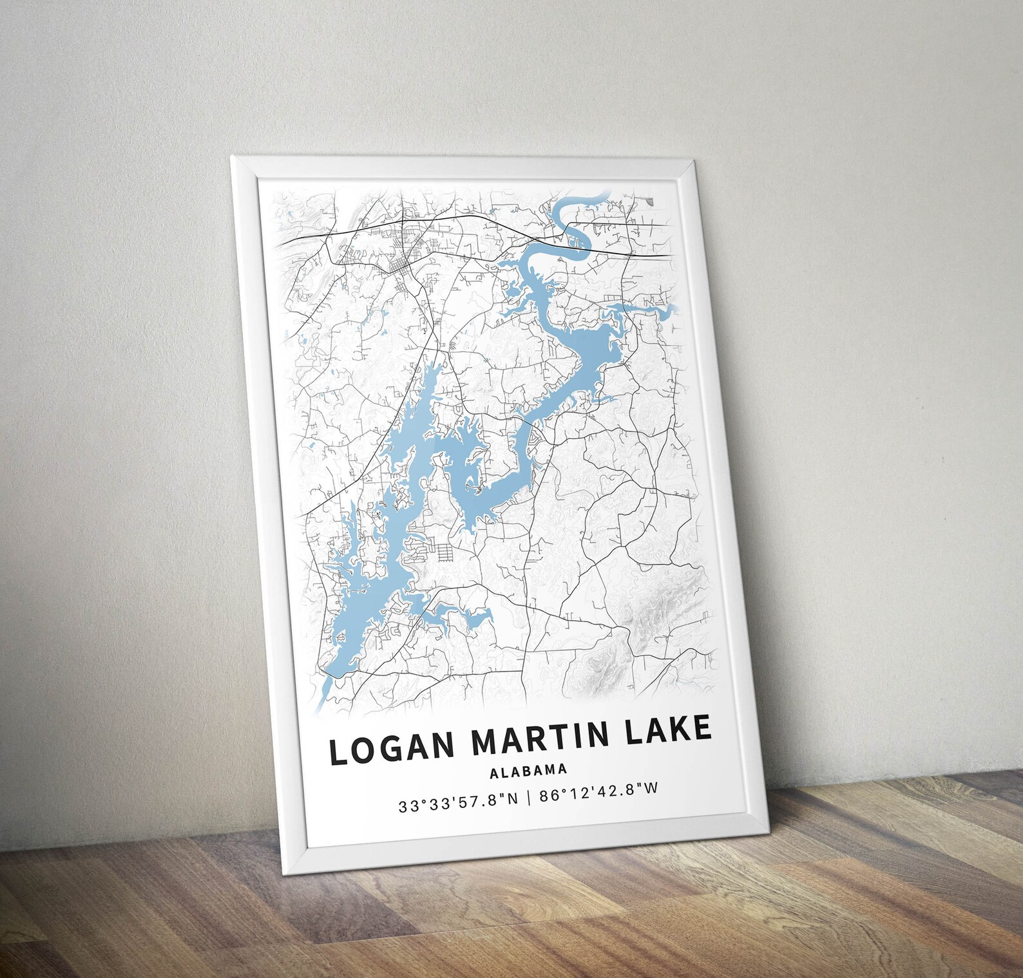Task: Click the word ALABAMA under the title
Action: point(528,770)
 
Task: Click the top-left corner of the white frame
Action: point(232,157)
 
